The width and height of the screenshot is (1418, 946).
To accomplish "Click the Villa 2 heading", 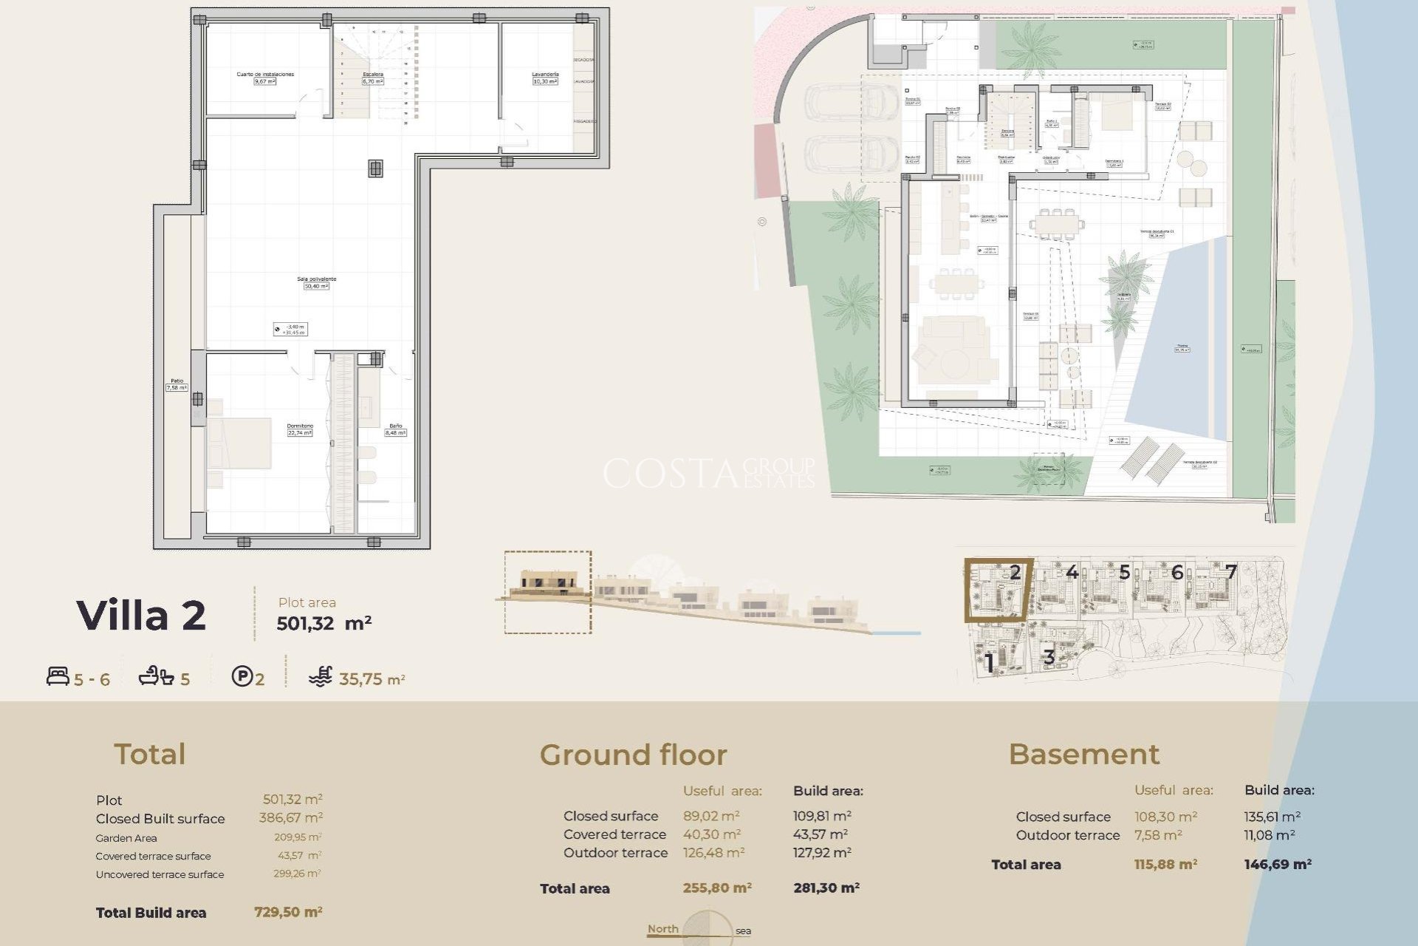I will pos(141,616).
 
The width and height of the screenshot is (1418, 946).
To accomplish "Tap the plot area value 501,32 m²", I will pos(323,623).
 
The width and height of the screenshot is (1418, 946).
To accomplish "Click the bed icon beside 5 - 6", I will pos(58,676).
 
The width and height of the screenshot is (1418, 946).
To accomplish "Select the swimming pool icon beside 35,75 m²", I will pos(321,677).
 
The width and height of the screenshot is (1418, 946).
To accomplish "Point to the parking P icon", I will pos(242,676).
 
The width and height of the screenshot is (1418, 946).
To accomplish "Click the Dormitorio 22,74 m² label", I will pos(300,429).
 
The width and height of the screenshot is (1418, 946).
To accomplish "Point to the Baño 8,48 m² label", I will pos(396,429).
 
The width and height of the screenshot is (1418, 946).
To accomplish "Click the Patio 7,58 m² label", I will pos(177,384).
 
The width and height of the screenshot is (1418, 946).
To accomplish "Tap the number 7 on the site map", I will pos(1230,571).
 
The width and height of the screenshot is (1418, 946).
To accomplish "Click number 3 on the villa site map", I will pos(1049,656).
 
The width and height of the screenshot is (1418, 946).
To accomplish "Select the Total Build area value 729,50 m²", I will pos(288,912).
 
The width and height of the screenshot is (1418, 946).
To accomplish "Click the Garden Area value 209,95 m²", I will pos(297,837).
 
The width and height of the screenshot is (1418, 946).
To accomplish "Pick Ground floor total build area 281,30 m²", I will pos(826,888).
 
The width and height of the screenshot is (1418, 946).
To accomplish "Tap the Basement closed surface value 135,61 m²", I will pos(1272,817).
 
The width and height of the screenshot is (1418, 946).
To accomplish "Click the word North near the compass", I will pos(662,929).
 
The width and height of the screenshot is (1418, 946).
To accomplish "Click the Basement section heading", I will pos(1083,755).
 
